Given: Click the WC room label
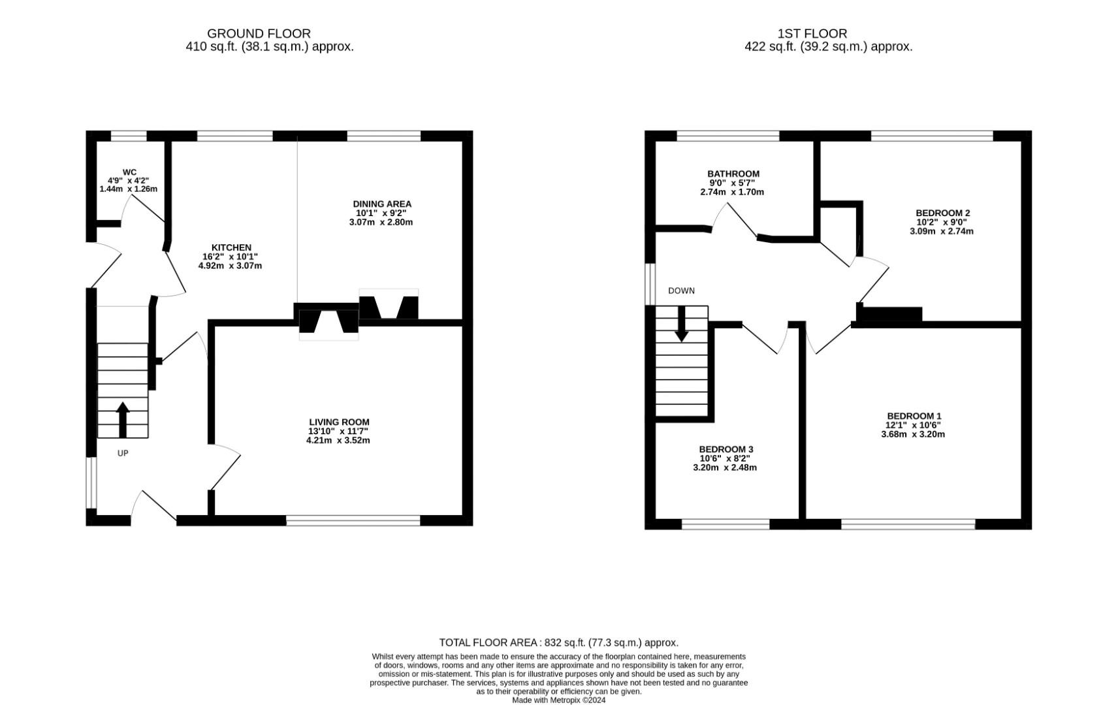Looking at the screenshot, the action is point(129,172).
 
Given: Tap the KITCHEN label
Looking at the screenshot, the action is point(231,247).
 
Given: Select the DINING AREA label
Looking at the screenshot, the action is point(382,204).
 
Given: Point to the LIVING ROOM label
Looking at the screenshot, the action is point(339,422).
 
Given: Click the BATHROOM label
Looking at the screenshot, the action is point(733,174).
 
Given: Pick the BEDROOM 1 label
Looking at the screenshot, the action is point(914,416).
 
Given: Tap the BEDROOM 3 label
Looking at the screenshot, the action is point(726,450).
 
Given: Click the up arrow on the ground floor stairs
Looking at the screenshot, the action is point(123,420).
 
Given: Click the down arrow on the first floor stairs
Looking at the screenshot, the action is point(682,324).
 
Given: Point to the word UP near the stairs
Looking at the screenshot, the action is point(123,454).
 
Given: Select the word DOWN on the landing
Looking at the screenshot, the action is point(681,291).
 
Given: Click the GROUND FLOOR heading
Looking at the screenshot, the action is point(259,33).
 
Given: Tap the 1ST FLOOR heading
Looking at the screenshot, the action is point(812,33).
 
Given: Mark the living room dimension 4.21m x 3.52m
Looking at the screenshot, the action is point(338,441).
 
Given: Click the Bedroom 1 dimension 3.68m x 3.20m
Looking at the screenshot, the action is point(913,434).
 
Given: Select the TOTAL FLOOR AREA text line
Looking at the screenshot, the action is point(558,642).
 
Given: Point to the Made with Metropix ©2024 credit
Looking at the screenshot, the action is point(559,700).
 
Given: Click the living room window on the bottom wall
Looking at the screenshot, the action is point(353,520).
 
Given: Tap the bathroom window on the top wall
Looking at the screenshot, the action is point(728,136).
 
